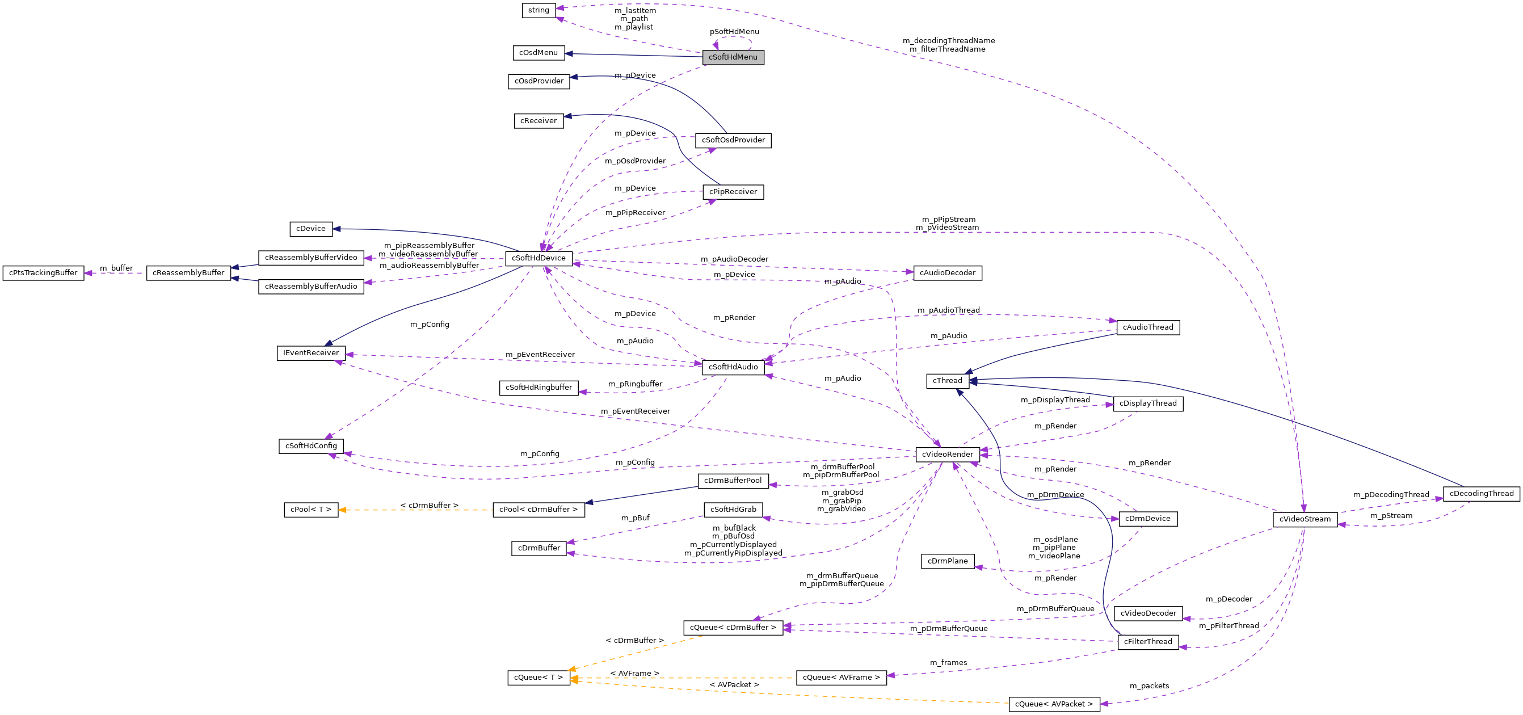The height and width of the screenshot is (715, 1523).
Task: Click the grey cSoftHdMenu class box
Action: point(733,57)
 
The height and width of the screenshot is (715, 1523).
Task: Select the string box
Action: point(538,10)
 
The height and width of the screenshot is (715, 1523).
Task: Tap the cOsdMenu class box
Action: point(538,53)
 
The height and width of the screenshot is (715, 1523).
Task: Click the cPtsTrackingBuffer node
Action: point(43,272)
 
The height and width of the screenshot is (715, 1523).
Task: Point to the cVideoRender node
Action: point(947,454)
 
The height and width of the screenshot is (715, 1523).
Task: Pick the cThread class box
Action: point(947,381)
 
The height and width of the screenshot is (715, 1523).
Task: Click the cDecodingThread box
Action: point(1481,494)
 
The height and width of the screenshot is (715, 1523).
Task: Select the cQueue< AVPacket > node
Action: point(1054,704)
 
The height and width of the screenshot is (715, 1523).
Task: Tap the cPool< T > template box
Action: point(311,509)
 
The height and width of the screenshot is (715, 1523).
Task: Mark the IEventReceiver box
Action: point(311,353)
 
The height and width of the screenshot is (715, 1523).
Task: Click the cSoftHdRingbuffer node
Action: point(538,388)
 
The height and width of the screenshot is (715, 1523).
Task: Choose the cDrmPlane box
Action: point(947,561)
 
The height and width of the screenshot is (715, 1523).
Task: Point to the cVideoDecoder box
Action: point(1148,613)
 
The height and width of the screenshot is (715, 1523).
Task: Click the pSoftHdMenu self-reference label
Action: point(734,31)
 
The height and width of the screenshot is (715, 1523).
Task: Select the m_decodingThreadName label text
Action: point(948,41)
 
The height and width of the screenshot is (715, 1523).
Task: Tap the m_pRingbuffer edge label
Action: point(635,384)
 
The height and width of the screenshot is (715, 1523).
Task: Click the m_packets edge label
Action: point(1148,685)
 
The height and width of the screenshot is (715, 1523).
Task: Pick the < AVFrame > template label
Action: point(634,673)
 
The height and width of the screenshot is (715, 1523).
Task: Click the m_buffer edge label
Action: point(116,268)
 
